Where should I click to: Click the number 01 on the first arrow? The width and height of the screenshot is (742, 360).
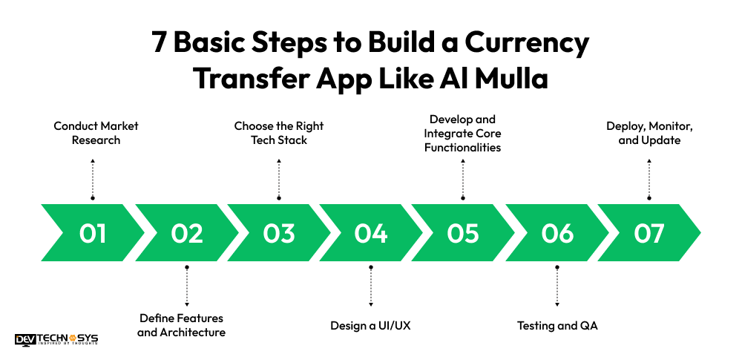click(x=93, y=233)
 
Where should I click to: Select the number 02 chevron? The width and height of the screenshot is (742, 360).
click(x=186, y=233)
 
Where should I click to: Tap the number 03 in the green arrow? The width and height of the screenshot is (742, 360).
click(x=279, y=233)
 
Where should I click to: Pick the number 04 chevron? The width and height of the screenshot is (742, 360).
click(x=371, y=233)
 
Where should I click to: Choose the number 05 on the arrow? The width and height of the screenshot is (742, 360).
click(x=463, y=233)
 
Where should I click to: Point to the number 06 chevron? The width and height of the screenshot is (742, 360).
click(x=556, y=233)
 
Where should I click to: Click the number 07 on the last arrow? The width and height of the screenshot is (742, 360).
click(x=649, y=233)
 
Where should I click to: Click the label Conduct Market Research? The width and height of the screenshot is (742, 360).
click(x=96, y=133)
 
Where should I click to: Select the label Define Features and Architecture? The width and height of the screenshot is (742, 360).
click(x=182, y=325)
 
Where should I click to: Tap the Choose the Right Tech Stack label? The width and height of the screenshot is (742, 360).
click(x=279, y=133)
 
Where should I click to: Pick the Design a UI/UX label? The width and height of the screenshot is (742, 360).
click(x=370, y=325)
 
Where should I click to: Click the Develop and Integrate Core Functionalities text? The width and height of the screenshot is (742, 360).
click(x=463, y=133)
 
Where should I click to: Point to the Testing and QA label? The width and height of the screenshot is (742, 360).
click(x=556, y=325)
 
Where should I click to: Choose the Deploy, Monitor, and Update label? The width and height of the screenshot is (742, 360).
click(x=649, y=133)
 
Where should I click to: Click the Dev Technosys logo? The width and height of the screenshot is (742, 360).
click(x=56, y=339)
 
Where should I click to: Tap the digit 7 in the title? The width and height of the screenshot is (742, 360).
click(x=160, y=43)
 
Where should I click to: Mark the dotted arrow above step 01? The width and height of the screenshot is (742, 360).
click(x=93, y=178)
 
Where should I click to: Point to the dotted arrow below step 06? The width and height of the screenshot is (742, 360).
click(x=556, y=285)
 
